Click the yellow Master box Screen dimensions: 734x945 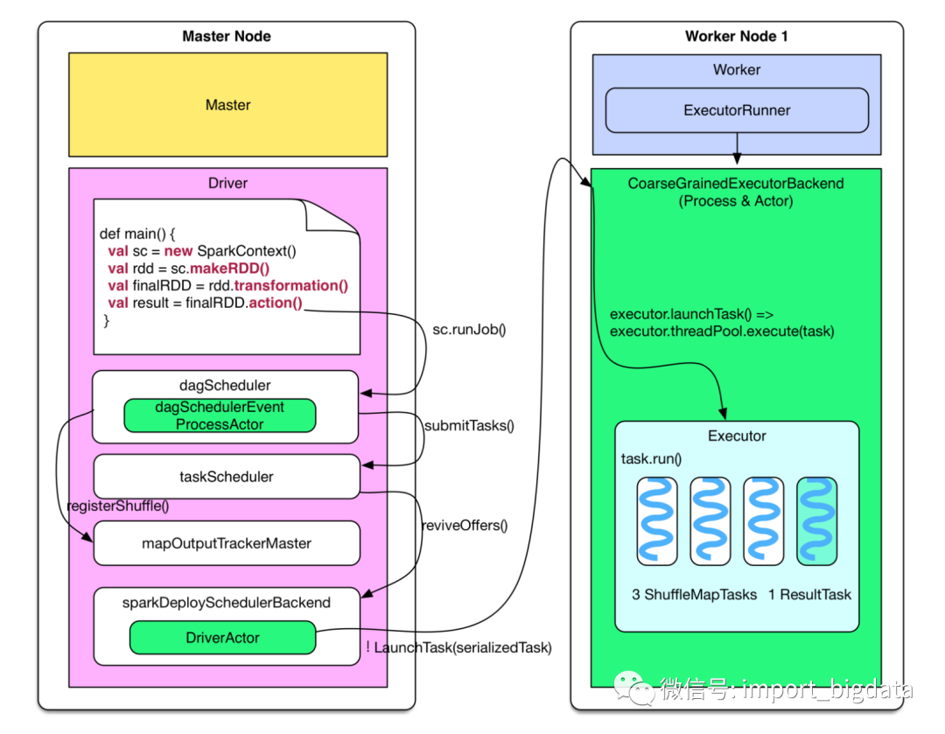[x=227, y=104]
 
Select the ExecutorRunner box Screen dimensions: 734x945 [x=737, y=110]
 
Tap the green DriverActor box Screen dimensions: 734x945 [x=222, y=638]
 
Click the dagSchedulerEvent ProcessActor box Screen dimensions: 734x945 [x=220, y=416]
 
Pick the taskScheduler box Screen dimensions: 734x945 [x=227, y=477]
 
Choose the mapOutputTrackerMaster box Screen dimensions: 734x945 [x=227, y=543]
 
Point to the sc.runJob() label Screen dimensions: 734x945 [x=470, y=330]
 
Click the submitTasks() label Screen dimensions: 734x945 [x=469, y=426]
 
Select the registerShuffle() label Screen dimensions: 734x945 [x=118, y=505]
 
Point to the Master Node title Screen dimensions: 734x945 [x=227, y=36]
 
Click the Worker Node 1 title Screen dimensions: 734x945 [x=737, y=36]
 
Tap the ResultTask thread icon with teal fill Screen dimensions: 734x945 [x=816, y=521]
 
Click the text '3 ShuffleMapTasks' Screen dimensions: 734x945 [x=695, y=595]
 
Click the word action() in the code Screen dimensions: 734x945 [x=275, y=304]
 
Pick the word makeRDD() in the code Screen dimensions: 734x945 [x=229, y=269]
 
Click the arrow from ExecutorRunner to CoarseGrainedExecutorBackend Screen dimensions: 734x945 [x=737, y=149]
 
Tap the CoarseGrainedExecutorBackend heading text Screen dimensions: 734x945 [x=736, y=184]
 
